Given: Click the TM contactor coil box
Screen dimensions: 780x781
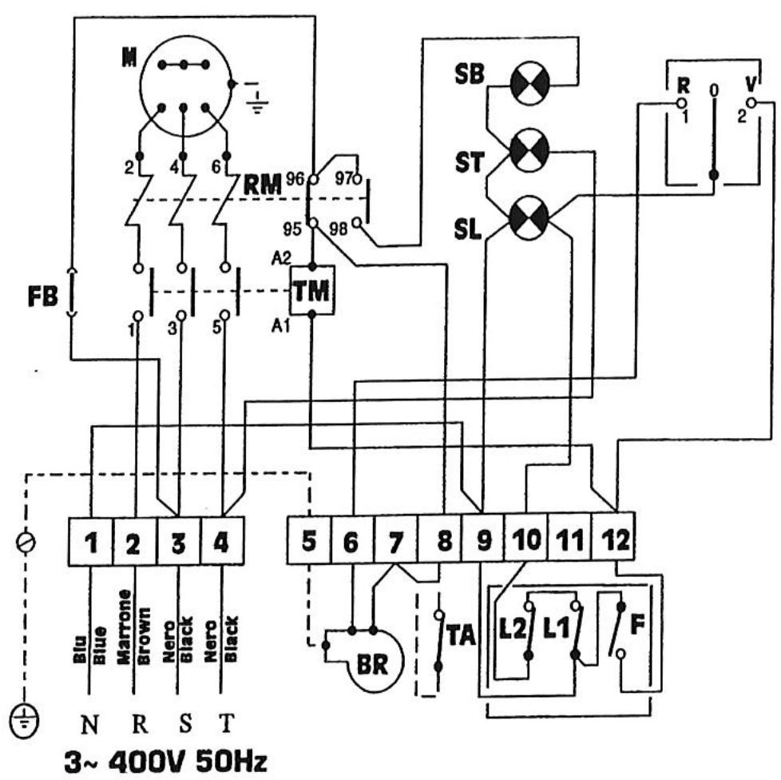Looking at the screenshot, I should (x=312, y=292).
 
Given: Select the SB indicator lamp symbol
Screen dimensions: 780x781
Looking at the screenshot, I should (x=529, y=86).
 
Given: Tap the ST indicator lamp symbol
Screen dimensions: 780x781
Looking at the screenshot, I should (x=529, y=149).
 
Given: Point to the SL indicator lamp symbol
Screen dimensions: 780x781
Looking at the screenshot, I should (x=529, y=214).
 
